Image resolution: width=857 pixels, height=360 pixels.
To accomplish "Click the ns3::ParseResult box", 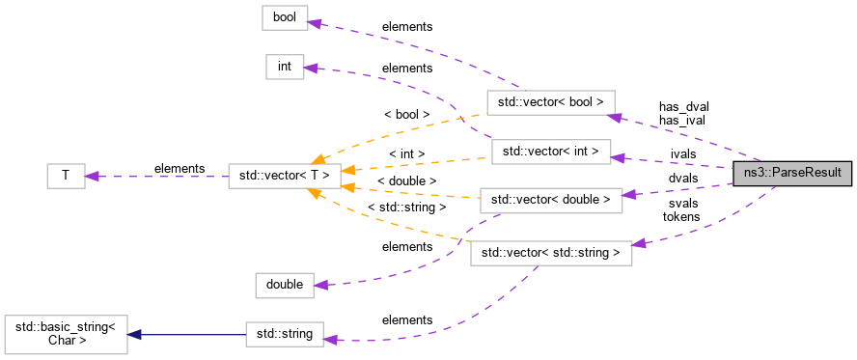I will pyautogui.click(x=792, y=175).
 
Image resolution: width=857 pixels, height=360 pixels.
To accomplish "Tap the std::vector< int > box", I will pyautogui.click(x=550, y=152).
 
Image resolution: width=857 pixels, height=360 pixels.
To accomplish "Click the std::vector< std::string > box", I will pyautogui.click(x=550, y=253).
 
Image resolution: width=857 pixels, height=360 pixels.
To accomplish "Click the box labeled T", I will pyautogui.click(x=66, y=176).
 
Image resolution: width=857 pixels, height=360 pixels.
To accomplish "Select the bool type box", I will pyautogui.click(x=284, y=18).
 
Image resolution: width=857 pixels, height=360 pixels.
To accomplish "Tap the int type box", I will pyautogui.click(x=284, y=67).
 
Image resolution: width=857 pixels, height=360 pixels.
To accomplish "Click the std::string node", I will pyautogui.click(x=284, y=334).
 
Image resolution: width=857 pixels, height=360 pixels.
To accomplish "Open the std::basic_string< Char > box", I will pyautogui.click(x=66, y=334).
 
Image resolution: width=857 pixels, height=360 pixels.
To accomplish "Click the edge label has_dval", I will pyautogui.click(x=683, y=107).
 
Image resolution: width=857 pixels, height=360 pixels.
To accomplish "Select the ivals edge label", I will pyautogui.click(x=682, y=153).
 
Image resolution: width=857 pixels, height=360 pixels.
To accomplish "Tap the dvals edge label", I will pyautogui.click(x=682, y=178).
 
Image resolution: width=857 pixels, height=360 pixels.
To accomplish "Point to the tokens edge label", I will pyautogui.click(x=681, y=216).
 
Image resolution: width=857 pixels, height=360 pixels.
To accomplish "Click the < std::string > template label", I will pyautogui.click(x=406, y=207).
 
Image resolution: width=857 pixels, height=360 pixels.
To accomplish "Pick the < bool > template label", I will pyautogui.click(x=406, y=114).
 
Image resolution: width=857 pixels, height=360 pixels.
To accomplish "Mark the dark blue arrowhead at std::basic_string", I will pyautogui.click(x=136, y=334).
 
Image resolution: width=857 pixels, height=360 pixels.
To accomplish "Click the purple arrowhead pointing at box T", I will pyautogui.click(x=92, y=176).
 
